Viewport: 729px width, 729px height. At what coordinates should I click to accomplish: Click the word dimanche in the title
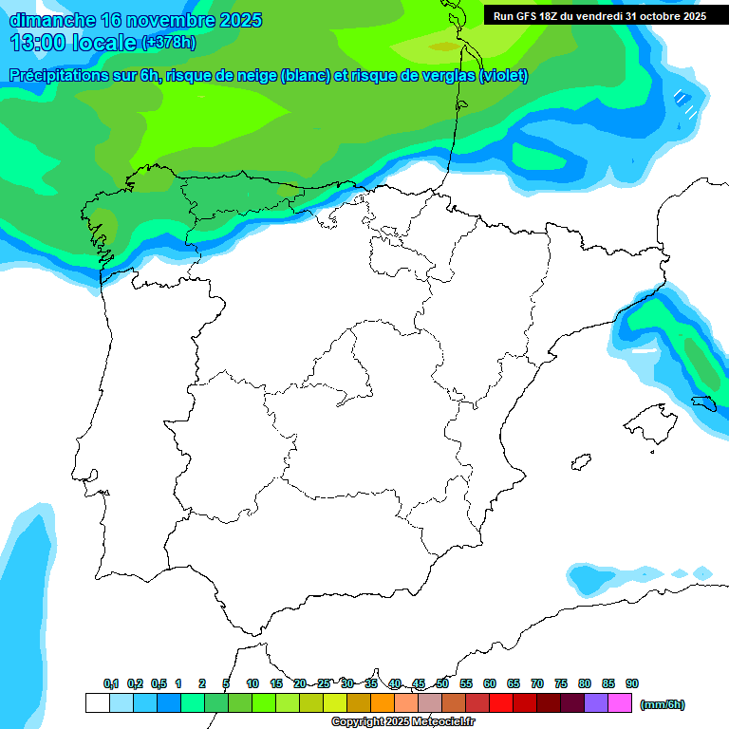click(x=52, y=20)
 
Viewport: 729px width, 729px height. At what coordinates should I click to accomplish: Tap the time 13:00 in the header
click(x=38, y=43)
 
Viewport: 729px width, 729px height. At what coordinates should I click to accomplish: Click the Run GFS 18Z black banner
click(x=599, y=15)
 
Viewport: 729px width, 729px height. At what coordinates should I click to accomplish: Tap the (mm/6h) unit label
click(x=662, y=704)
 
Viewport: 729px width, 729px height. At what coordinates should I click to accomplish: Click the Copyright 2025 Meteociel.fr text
click(x=403, y=722)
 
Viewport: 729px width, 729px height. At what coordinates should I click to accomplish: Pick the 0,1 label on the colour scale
click(x=110, y=683)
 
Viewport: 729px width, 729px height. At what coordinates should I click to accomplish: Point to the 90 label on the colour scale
click(x=631, y=683)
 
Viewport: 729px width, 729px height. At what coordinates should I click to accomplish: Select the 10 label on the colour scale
click(x=252, y=683)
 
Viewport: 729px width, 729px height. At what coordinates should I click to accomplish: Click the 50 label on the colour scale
click(x=442, y=683)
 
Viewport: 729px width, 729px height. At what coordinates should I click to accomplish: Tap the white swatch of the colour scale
click(x=97, y=703)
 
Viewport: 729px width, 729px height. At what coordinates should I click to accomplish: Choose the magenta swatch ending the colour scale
click(x=620, y=703)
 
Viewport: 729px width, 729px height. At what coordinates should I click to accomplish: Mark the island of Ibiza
click(x=580, y=461)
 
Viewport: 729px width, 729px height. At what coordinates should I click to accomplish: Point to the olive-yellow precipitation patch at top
click(x=442, y=46)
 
